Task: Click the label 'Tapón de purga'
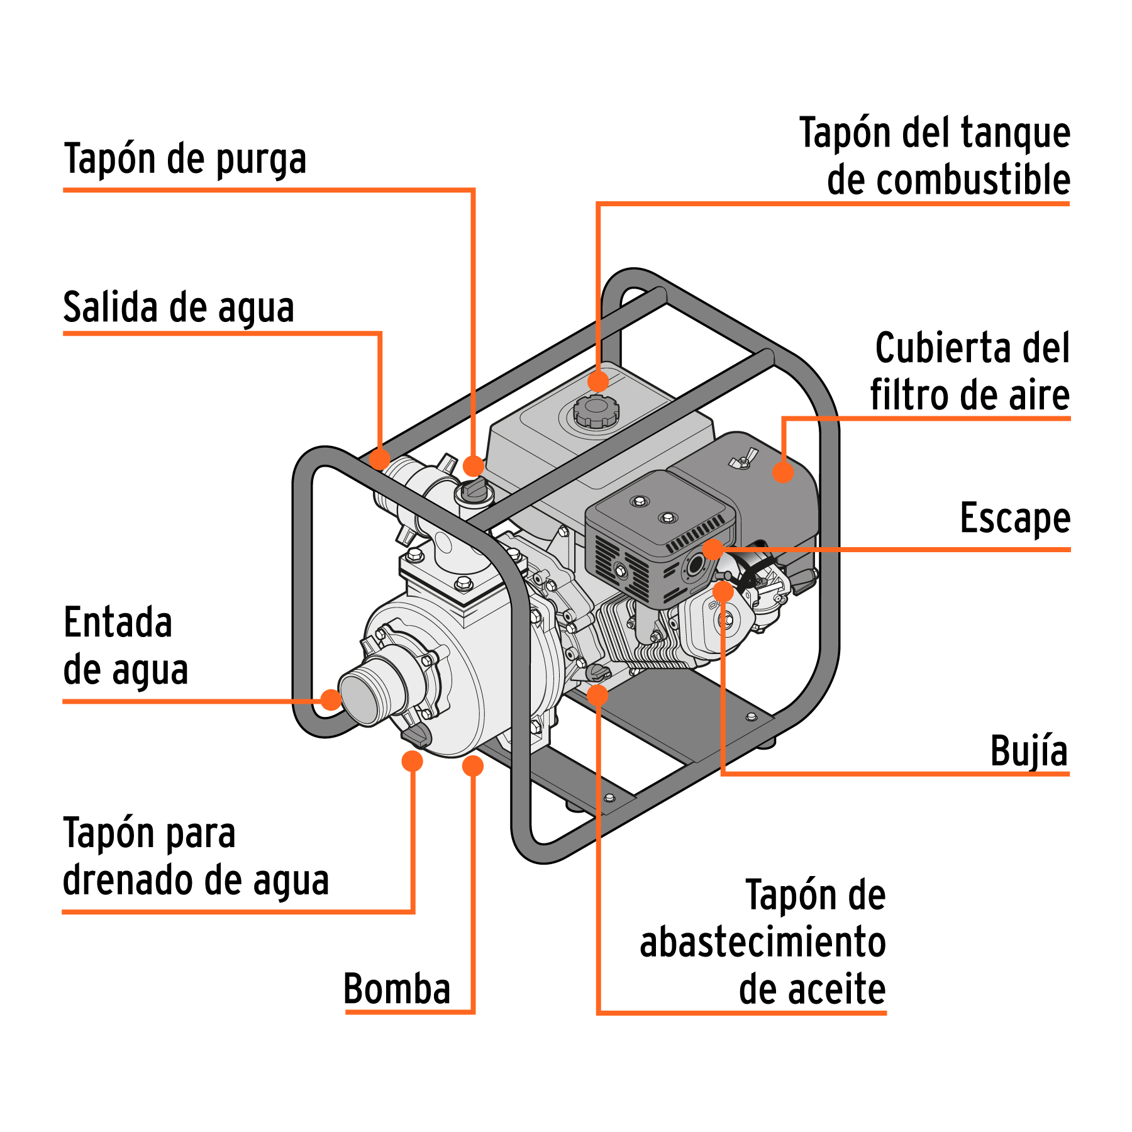coord(185,158)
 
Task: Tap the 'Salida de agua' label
coord(179,308)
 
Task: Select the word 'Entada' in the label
coord(118,623)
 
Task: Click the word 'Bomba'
coord(397,989)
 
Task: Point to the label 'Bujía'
coord(1028,751)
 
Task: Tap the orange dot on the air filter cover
coord(782,472)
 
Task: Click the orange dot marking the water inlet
coord(331,699)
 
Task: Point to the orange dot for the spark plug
coord(723,591)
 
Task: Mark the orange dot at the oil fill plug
coord(597,695)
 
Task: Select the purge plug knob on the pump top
coord(475,490)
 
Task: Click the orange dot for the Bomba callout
coord(473,766)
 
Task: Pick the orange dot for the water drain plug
coord(412,761)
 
